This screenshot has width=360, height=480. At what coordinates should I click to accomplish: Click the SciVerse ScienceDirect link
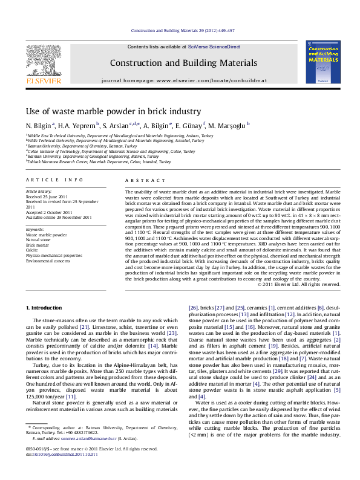click(x=214, y=47)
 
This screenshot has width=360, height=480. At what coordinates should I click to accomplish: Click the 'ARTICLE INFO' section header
click(x=54, y=180)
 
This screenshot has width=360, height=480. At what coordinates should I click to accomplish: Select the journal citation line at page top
click(x=180, y=30)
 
